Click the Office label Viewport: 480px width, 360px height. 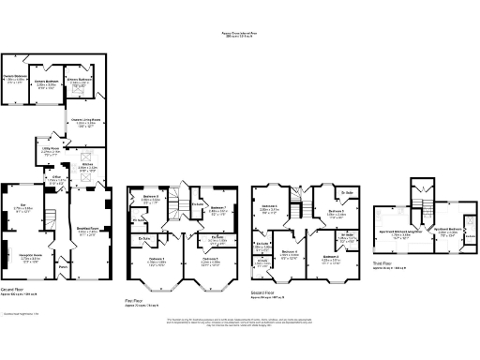coord(56,178)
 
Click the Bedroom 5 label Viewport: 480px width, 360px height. coord(337,212)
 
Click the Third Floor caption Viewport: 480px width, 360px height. coord(381,264)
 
